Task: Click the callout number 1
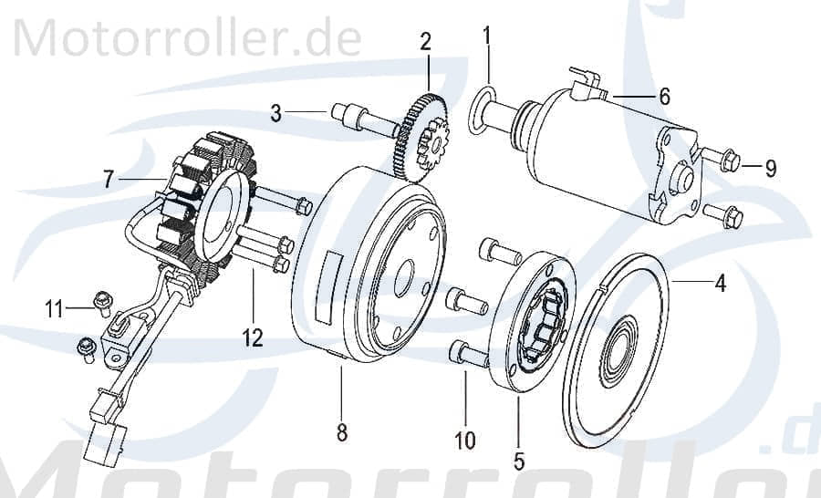click(486, 36)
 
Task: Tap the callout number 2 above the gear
click(426, 41)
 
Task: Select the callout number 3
click(275, 113)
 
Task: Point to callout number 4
click(721, 284)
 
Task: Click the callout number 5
click(519, 461)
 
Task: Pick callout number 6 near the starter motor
click(664, 96)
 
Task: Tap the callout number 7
click(109, 180)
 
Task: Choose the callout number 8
click(342, 433)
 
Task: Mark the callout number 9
click(771, 168)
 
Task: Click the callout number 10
click(464, 441)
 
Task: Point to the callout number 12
click(253, 338)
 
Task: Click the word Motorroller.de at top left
click(187, 39)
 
